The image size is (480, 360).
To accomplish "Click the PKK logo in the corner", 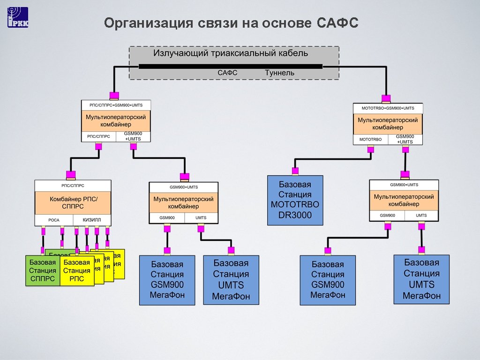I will [x=18, y=17].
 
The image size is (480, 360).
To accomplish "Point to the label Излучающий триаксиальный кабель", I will [x=231, y=53].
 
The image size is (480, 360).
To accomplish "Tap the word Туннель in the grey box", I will [x=279, y=73].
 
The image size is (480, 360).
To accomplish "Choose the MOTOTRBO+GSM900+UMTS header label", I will [x=388, y=108].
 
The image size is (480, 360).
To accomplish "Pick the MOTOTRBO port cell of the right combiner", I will [x=370, y=140].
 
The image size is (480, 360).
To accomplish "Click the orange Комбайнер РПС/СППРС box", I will [x=73, y=202].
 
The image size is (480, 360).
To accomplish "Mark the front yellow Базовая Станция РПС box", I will [x=77, y=271].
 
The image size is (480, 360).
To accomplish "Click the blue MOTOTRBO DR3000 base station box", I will [x=295, y=200].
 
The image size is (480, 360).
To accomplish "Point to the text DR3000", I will [x=295, y=216].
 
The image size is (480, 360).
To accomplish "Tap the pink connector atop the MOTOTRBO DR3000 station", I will [x=295, y=171].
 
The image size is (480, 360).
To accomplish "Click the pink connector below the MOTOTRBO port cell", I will [x=370, y=150].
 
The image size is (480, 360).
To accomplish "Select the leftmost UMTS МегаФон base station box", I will [x=231, y=279].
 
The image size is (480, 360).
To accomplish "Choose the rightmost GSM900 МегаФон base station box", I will [x=328, y=280].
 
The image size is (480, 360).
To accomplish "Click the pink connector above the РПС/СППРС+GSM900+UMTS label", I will [x=114, y=96].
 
